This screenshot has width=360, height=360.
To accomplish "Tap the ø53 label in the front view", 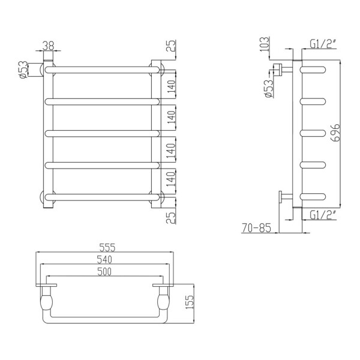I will [22, 70].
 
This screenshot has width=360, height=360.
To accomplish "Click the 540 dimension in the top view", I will [105, 260].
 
